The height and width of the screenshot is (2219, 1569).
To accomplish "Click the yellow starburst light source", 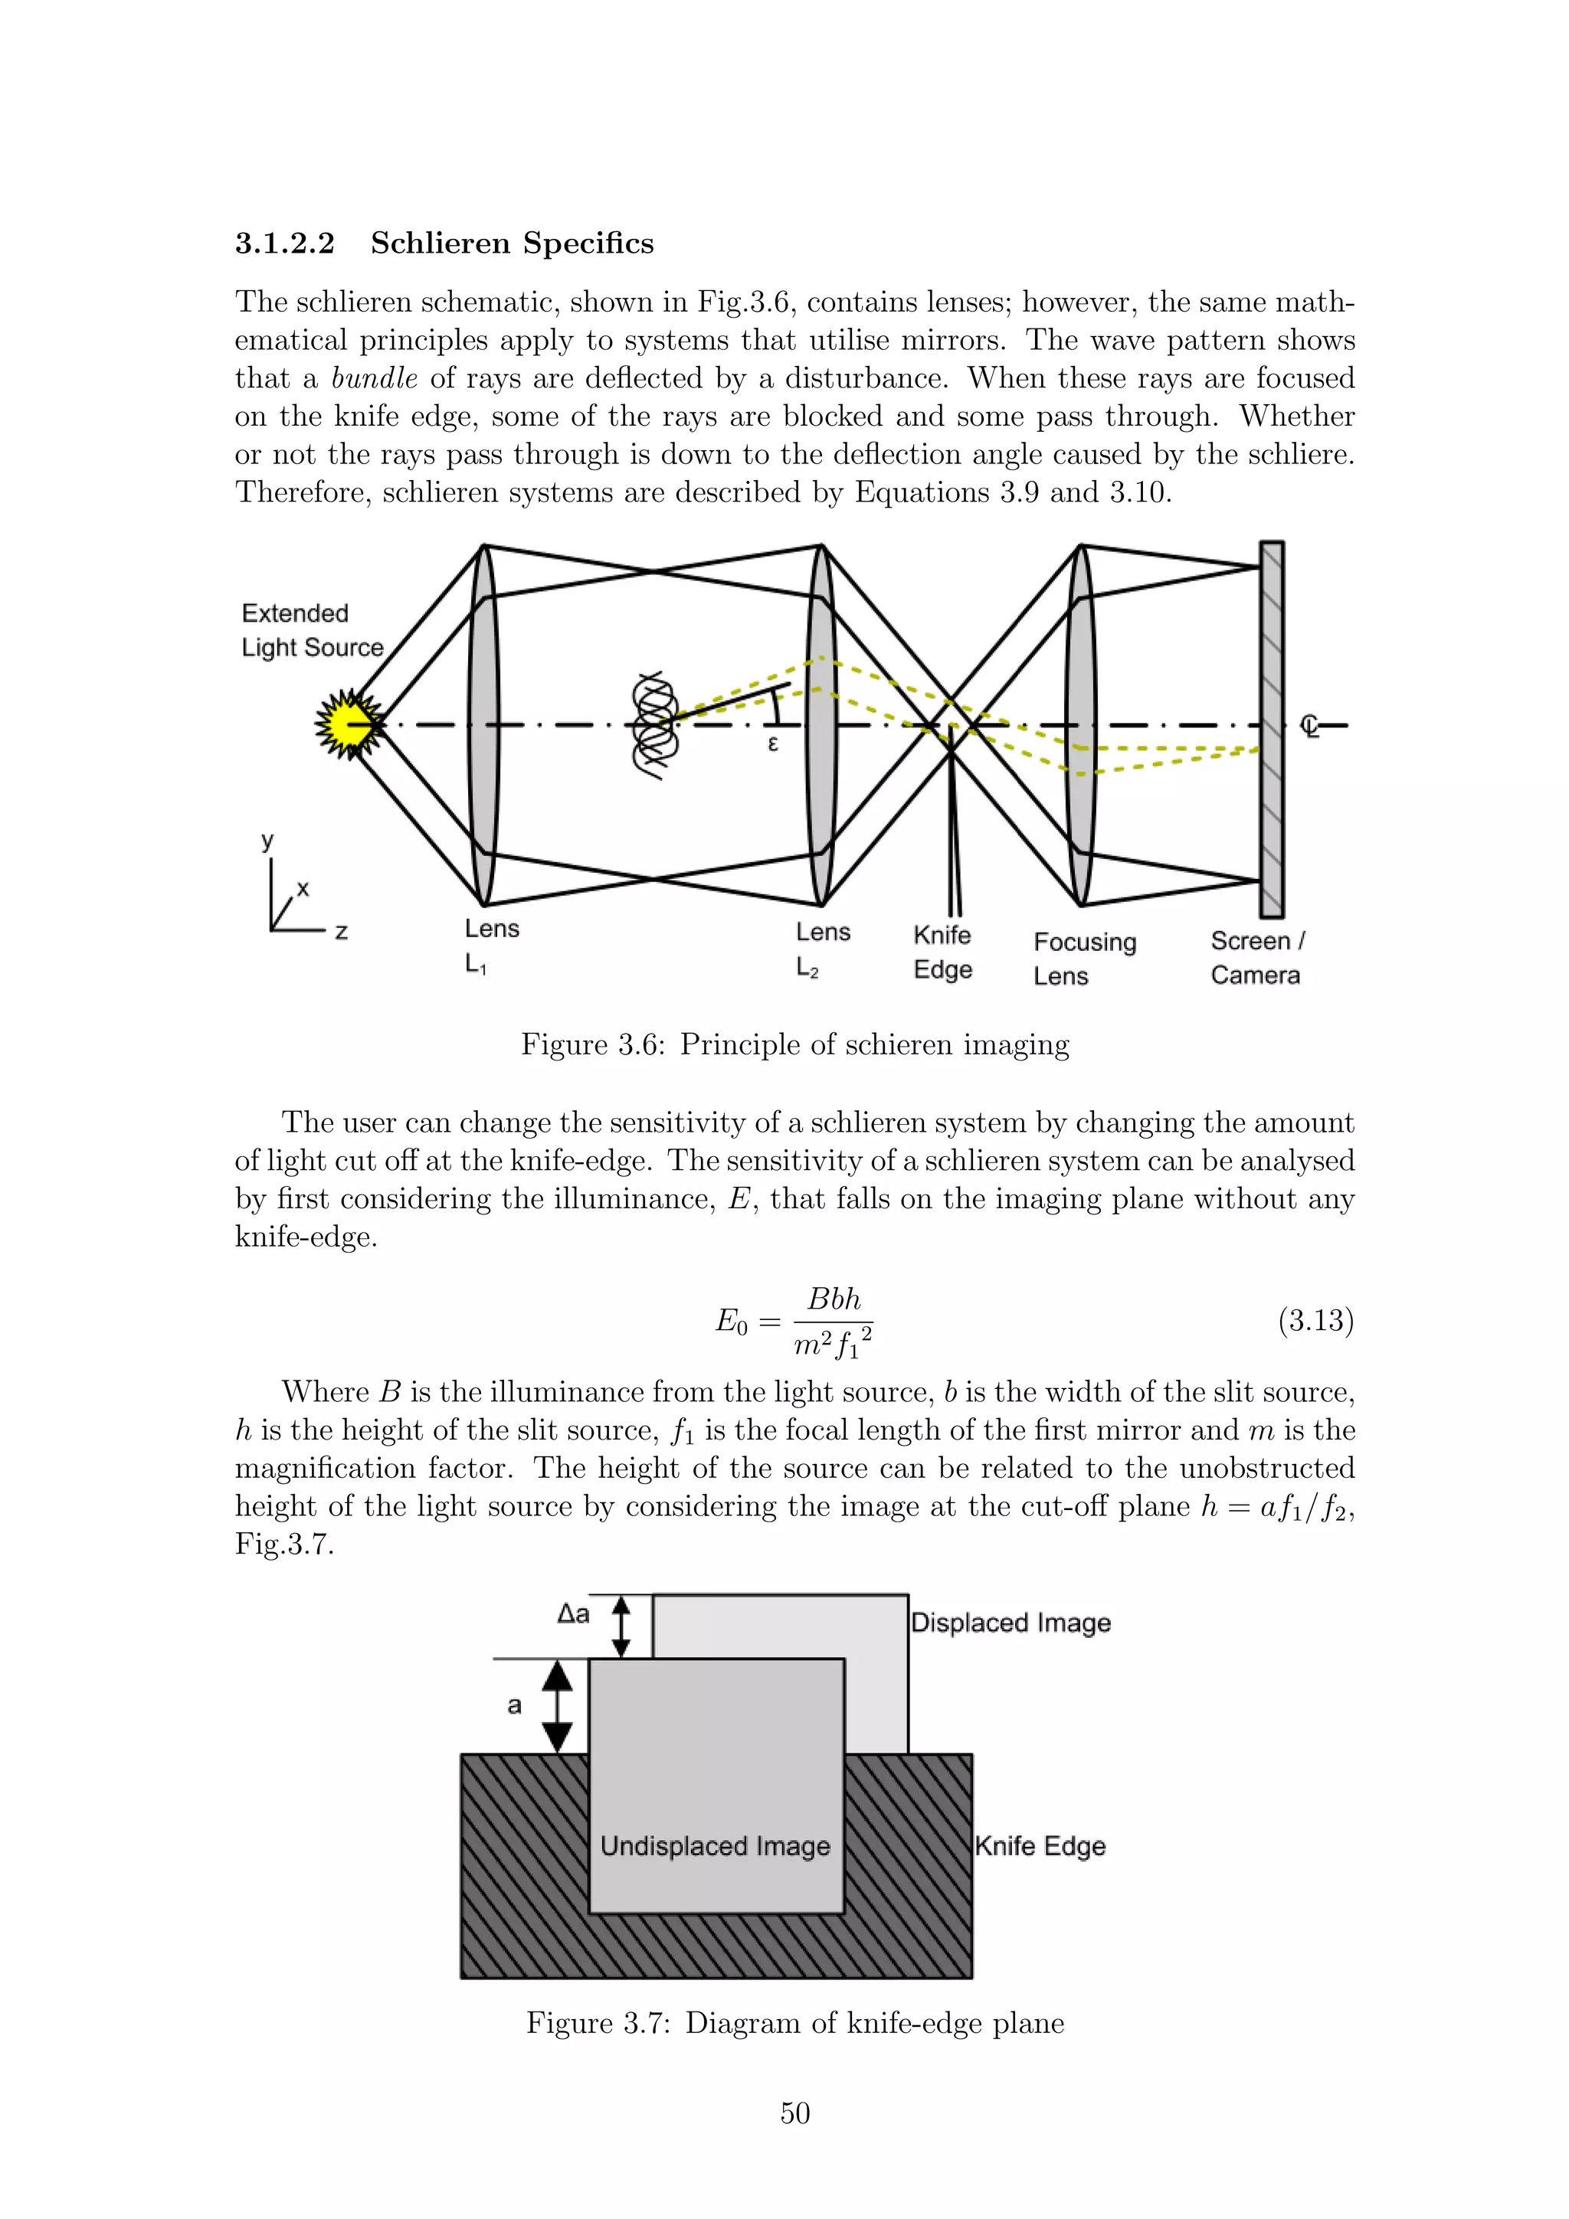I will click(348, 724).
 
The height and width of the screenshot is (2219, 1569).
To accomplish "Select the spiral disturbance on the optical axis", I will click(654, 725).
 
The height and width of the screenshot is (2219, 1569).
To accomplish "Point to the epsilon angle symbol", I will click(772, 743).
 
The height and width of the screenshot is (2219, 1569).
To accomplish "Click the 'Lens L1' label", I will click(491, 945).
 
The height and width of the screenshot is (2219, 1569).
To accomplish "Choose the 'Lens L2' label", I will click(823, 948).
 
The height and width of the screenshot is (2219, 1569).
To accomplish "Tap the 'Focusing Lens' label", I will click(1084, 958).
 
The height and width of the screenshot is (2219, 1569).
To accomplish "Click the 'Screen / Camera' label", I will click(1256, 957).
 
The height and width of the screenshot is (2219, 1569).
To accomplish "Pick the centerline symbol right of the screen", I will click(1310, 726).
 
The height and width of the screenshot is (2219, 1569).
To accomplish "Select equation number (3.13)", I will click(1315, 1320).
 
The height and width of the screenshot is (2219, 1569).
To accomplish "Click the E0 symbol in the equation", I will click(731, 1321).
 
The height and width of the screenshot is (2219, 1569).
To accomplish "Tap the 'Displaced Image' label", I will click(1011, 1622).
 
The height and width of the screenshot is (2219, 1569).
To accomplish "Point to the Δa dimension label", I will click(572, 1613).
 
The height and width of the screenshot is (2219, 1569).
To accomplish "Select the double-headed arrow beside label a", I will click(557, 1706).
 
